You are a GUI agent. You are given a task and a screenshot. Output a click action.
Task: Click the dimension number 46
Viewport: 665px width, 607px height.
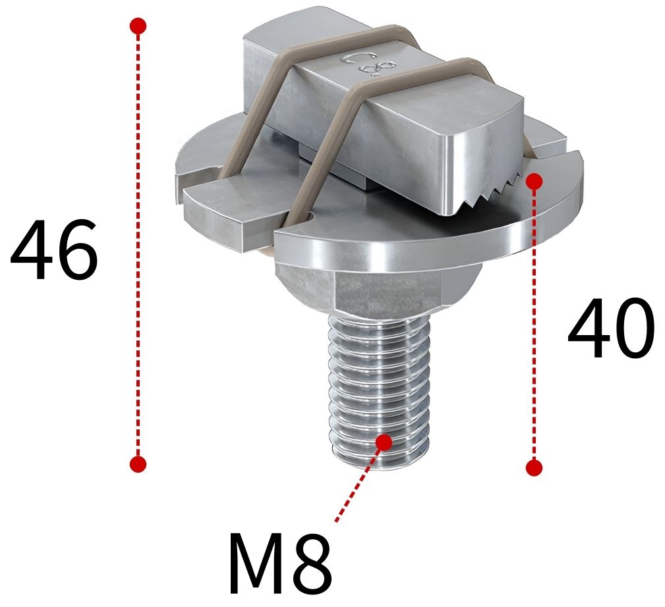(x=54, y=251)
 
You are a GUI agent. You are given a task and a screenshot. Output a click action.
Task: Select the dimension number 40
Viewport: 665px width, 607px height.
(x=611, y=330)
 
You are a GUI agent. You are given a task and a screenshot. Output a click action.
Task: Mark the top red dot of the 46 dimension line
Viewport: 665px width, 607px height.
(x=138, y=26)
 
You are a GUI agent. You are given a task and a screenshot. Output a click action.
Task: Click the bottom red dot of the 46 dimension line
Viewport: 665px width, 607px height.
(x=138, y=463)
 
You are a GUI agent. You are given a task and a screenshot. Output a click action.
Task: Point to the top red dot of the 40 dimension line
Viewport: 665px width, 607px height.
(x=534, y=180)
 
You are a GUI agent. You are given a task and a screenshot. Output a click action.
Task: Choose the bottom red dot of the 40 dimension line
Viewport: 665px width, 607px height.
(x=534, y=467)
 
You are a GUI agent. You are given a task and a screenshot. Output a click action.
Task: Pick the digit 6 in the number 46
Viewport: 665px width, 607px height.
(x=76, y=251)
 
